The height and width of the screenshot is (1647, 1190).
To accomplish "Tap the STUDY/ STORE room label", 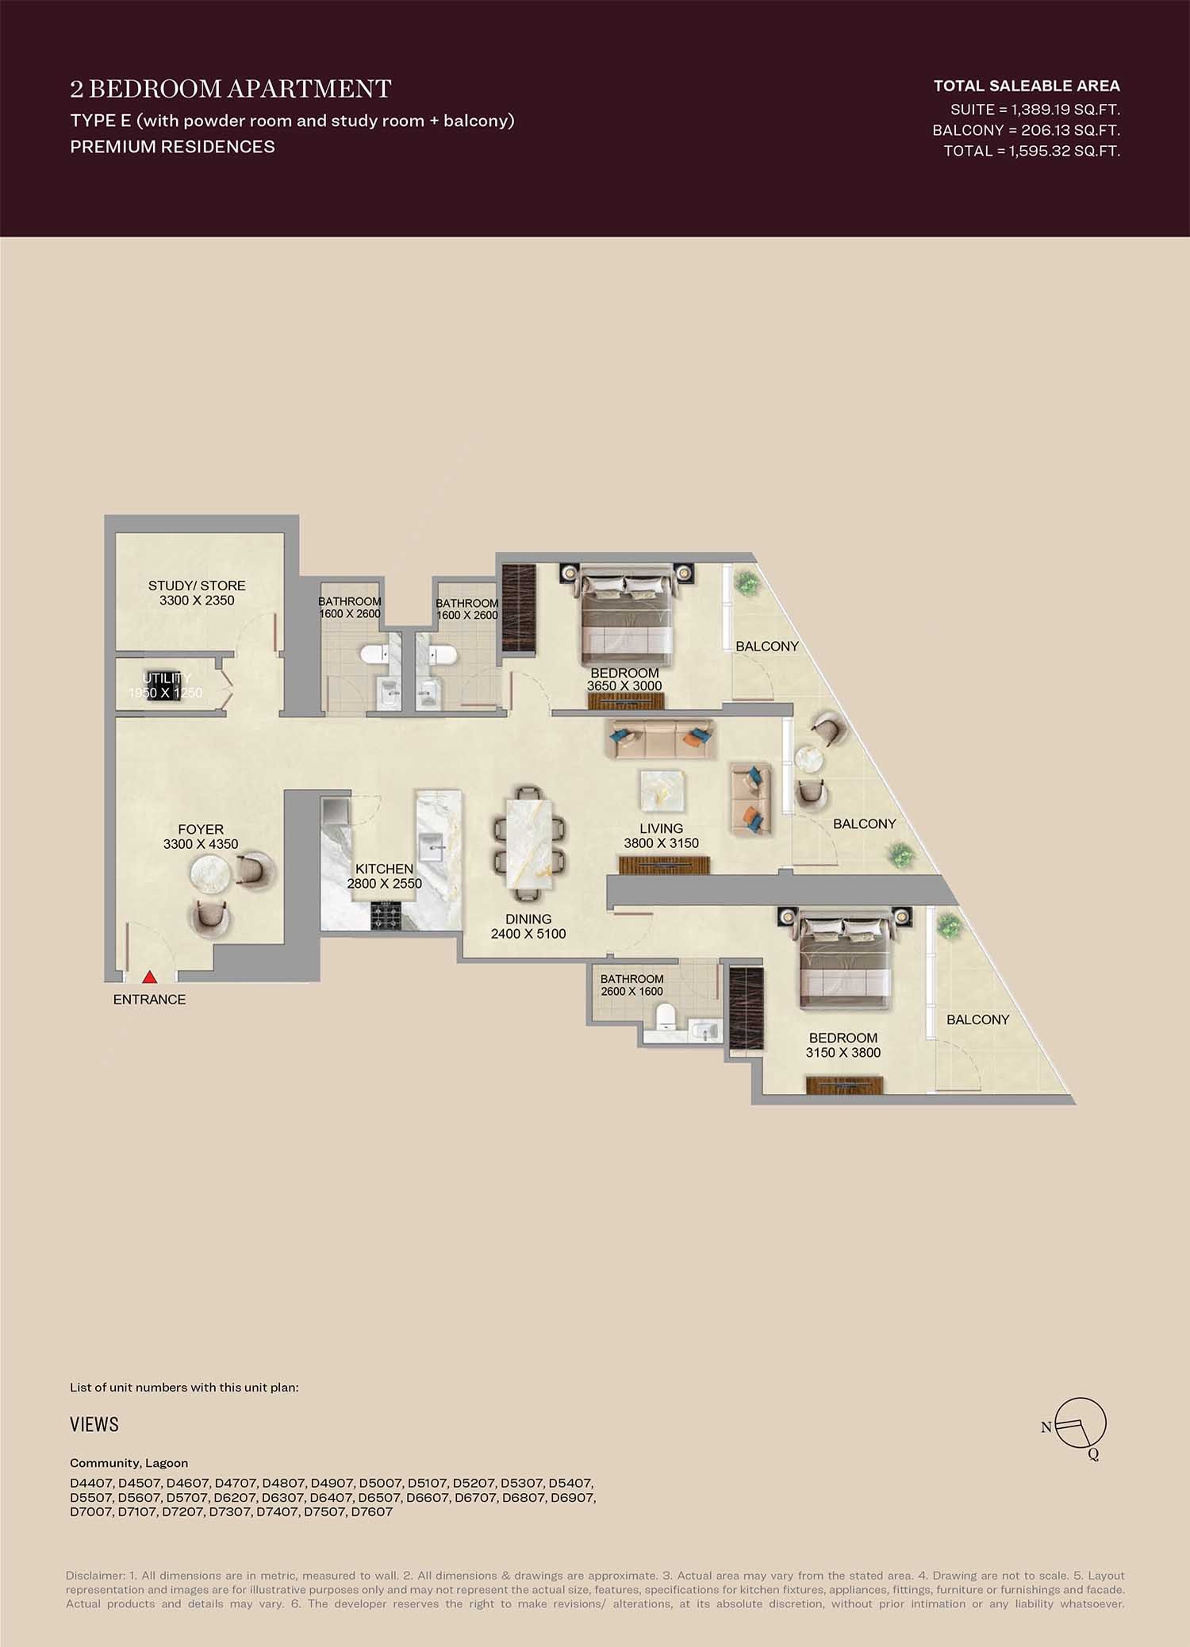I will click(x=197, y=593).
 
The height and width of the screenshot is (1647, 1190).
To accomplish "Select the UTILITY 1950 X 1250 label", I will click(x=166, y=685).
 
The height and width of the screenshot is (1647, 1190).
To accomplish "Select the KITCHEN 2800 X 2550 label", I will click(x=384, y=876).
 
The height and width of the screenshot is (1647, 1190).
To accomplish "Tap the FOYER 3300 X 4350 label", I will click(x=201, y=837).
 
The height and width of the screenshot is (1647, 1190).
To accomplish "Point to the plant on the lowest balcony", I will click(x=947, y=924).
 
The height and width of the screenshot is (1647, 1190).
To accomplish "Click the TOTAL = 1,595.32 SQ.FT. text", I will click(x=1031, y=151).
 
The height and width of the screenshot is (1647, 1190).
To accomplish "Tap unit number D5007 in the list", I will click(x=380, y=1483).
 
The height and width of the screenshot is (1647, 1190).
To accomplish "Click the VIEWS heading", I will click(x=94, y=1425).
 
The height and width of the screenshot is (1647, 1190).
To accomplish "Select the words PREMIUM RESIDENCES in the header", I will click(x=172, y=147).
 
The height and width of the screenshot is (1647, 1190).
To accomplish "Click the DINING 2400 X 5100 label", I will click(x=528, y=927).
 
